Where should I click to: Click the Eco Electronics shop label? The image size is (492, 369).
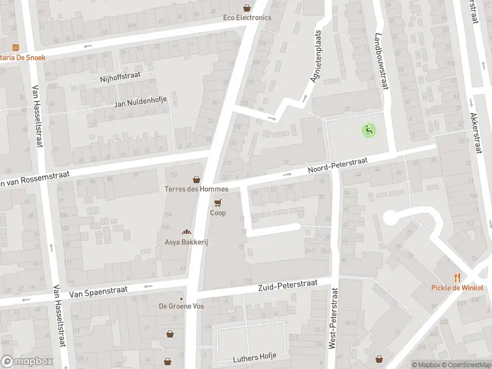click(247, 18)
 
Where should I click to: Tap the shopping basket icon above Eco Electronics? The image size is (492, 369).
click(247, 8)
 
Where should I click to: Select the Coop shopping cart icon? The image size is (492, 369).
click(218, 202)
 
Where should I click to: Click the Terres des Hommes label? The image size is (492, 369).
click(197, 189)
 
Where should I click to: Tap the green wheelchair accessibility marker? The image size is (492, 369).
click(368, 130)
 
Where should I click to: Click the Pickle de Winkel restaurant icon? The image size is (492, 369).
click(456, 277)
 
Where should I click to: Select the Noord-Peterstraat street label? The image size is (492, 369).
click(338, 165)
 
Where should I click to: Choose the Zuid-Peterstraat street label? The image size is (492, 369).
click(287, 285)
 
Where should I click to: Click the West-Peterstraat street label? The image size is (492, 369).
click(333, 318)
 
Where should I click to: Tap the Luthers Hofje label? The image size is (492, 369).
click(255, 357)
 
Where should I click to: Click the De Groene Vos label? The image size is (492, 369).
click(181, 306)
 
